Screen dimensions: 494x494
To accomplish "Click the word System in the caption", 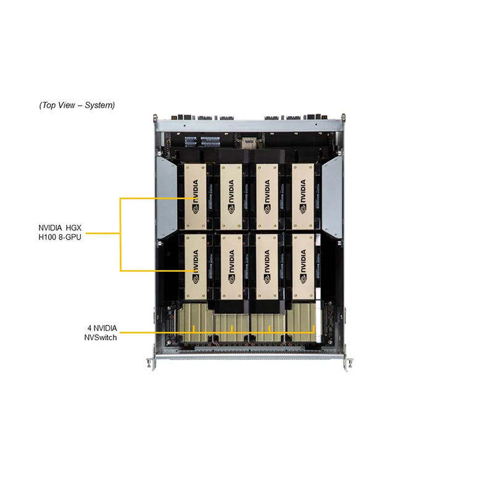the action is click(x=99, y=105).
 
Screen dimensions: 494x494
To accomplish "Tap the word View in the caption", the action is click(x=66, y=105).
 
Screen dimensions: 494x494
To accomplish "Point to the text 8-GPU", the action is click(x=70, y=237).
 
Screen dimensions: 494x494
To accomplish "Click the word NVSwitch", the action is click(x=101, y=337).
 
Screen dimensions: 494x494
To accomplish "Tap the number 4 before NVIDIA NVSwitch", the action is click(x=90, y=329).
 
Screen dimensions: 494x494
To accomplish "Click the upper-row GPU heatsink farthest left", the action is click(x=195, y=196).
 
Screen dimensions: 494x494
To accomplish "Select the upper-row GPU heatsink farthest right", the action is click(x=303, y=196).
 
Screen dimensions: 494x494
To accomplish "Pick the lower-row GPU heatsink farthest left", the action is click(x=195, y=267).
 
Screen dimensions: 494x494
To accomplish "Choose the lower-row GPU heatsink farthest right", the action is click(x=303, y=267).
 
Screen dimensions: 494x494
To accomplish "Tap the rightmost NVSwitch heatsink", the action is click(x=301, y=322).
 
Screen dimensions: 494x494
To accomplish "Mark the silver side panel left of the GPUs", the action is click(x=167, y=197).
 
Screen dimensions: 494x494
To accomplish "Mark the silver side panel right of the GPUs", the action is click(x=332, y=197).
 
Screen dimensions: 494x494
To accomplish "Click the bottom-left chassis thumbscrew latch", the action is click(x=151, y=363).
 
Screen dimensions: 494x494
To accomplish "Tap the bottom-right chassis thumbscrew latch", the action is click(x=348, y=363).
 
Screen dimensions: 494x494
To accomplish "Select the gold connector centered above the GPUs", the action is click(x=249, y=143).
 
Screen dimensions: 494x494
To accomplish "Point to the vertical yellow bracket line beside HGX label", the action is click(x=120, y=235).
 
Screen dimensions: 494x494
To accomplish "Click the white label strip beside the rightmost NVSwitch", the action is click(x=319, y=321).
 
